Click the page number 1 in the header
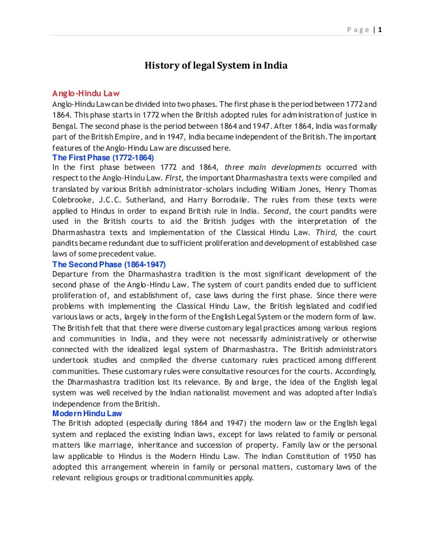(380, 30)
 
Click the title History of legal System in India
(217, 66)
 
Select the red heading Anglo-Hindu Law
(86, 93)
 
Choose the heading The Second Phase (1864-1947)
(109, 264)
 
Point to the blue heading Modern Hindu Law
(87, 413)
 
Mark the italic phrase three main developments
(273, 168)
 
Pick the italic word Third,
(327, 232)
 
